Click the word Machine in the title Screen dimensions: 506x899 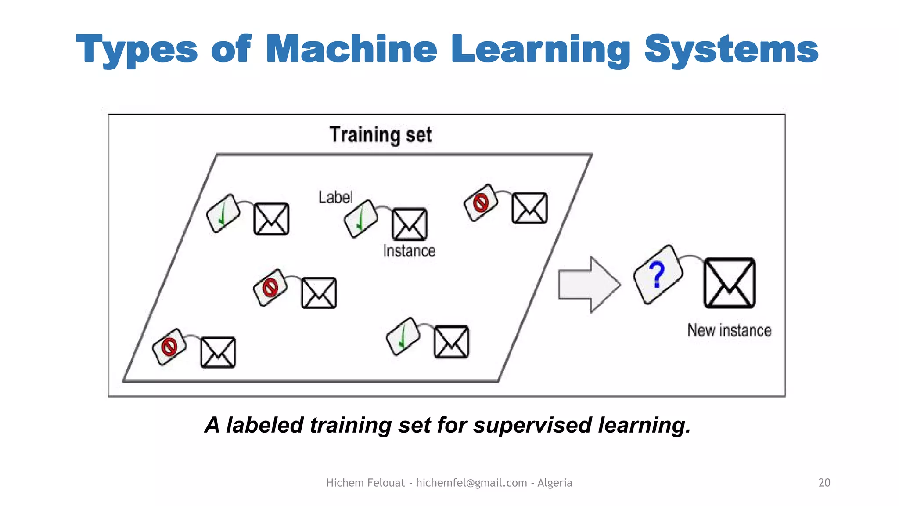coord(351,49)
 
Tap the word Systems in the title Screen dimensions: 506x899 coord(731,49)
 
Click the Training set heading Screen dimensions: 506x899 coord(381,134)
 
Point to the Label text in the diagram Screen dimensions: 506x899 coord(335,197)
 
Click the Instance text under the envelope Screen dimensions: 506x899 coord(409,251)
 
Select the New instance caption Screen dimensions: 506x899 coord(729,330)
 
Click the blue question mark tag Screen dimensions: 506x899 coord(658,275)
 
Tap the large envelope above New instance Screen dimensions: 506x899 coord(729,283)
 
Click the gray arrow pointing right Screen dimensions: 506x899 coord(589,285)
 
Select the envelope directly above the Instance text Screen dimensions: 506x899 coord(409,224)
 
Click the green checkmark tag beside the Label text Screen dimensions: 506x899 coord(361,218)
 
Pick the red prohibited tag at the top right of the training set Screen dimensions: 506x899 coord(481,202)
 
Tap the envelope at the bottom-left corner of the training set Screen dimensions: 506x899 coord(218,352)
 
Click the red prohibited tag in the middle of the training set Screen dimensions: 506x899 coord(270,288)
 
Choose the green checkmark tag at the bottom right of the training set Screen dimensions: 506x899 coord(403,336)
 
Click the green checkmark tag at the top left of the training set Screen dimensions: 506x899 coord(223,213)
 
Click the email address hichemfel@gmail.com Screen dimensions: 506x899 coord(471,483)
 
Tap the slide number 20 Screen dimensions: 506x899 coord(824,483)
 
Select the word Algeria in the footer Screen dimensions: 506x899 coord(554,483)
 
